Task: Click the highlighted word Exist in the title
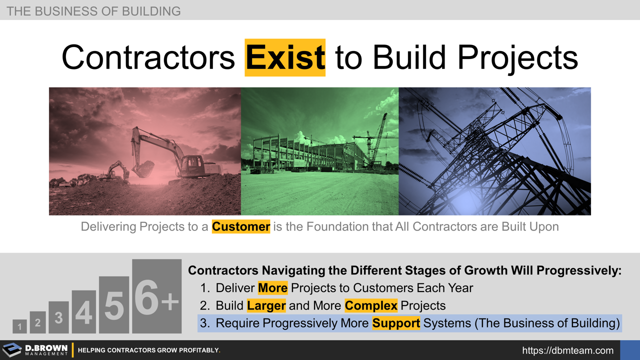point(285,57)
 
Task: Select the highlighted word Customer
point(241,226)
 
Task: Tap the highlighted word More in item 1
point(272,288)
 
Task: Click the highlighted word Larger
point(266,305)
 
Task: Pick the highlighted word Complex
point(371,305)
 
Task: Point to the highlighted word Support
point(396,323)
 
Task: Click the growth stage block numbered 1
point(19,326)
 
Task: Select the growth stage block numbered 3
point(58,317)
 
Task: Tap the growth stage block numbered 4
point(83,312)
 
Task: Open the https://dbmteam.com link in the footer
point(567,350)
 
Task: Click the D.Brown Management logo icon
point(12,350)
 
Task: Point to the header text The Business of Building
point(93,10)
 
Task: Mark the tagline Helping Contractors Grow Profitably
point(149,350)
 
